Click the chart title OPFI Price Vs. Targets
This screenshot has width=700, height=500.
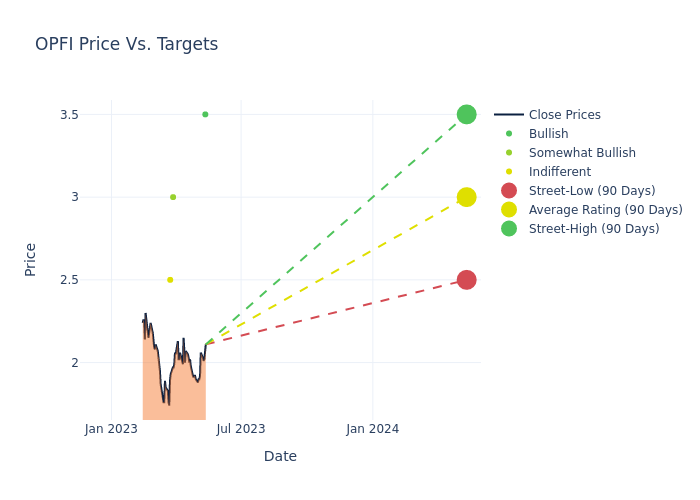click(126, 45)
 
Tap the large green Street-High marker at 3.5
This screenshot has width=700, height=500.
click(466, 114)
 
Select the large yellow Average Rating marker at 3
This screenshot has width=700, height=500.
click(466, 197)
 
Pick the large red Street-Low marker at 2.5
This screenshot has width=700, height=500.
click(466, 280)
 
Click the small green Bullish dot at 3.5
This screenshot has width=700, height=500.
click(205, 114)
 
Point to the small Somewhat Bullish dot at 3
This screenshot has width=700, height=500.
click(173, 197)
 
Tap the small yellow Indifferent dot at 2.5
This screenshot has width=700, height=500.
click(170, 280)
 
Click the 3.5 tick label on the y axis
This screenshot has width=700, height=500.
click(69, 115)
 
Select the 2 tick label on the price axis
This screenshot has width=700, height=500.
click(74, 363)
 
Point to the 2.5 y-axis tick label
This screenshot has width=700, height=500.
click(69, 280)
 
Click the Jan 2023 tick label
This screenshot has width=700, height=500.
click(111, 429)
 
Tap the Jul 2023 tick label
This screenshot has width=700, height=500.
click(241, 429)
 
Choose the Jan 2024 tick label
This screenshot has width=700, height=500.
click(372, 429)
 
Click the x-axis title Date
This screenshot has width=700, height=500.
click(280, 457)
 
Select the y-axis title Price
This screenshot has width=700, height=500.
click(31, 259)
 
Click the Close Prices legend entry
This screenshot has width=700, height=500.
click(564, 115)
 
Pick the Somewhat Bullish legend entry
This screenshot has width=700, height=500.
click(582, 153)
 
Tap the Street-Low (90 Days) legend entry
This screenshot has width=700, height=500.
click(592, 191)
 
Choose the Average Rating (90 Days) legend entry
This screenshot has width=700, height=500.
click(605, 210)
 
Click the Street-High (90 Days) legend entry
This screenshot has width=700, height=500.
click(594, 229)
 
